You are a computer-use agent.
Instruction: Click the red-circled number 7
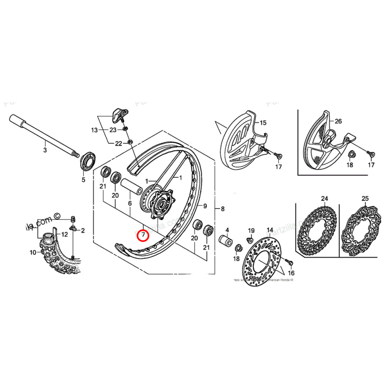coord(143,235)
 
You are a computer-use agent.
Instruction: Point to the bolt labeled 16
coord(287,262)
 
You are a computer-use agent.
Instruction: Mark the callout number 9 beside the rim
coord(205,206)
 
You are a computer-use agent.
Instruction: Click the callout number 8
coord(222,209)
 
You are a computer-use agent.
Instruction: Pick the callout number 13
coord(94,130)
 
